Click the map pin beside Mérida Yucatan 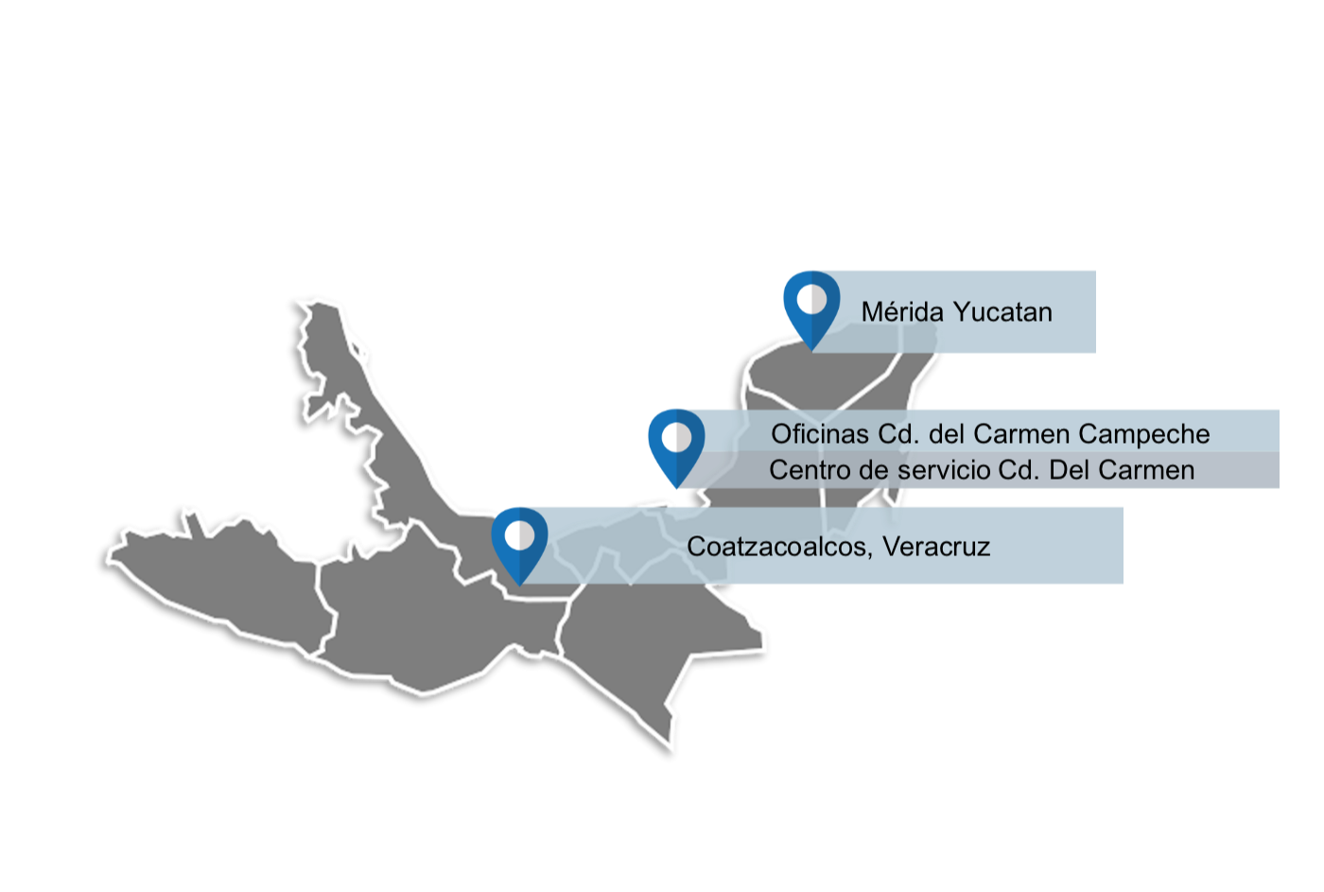pos(811,307)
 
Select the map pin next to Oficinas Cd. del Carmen pos(676,446)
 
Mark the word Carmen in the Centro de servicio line pos(1148,470)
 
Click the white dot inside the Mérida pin pos(811,300)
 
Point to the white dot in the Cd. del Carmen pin pos(676,438)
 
